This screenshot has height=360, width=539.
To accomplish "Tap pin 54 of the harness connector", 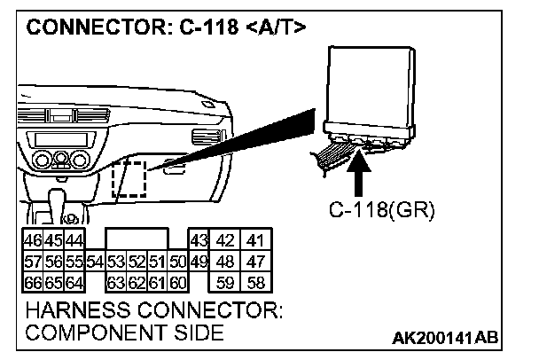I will pyautogui.click(x=95, y=262).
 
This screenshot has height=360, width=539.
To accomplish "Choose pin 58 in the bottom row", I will pyautogui.click(x=255, y=284).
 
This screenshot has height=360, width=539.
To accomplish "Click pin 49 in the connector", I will pyautogui.click(x=199, y=262).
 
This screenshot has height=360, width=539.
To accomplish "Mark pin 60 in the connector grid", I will pyautogui.click(x=177, y=284).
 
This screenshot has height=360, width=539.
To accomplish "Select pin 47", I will pyautogui.click(x=255, y=262).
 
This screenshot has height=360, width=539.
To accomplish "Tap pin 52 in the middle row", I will pyautogui.click(x=137, y=262).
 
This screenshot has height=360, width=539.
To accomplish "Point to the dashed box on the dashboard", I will pyautogui.click(x=129, y=180).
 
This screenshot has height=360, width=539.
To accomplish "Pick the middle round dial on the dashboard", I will pyautogui.click(x=60, y=160).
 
